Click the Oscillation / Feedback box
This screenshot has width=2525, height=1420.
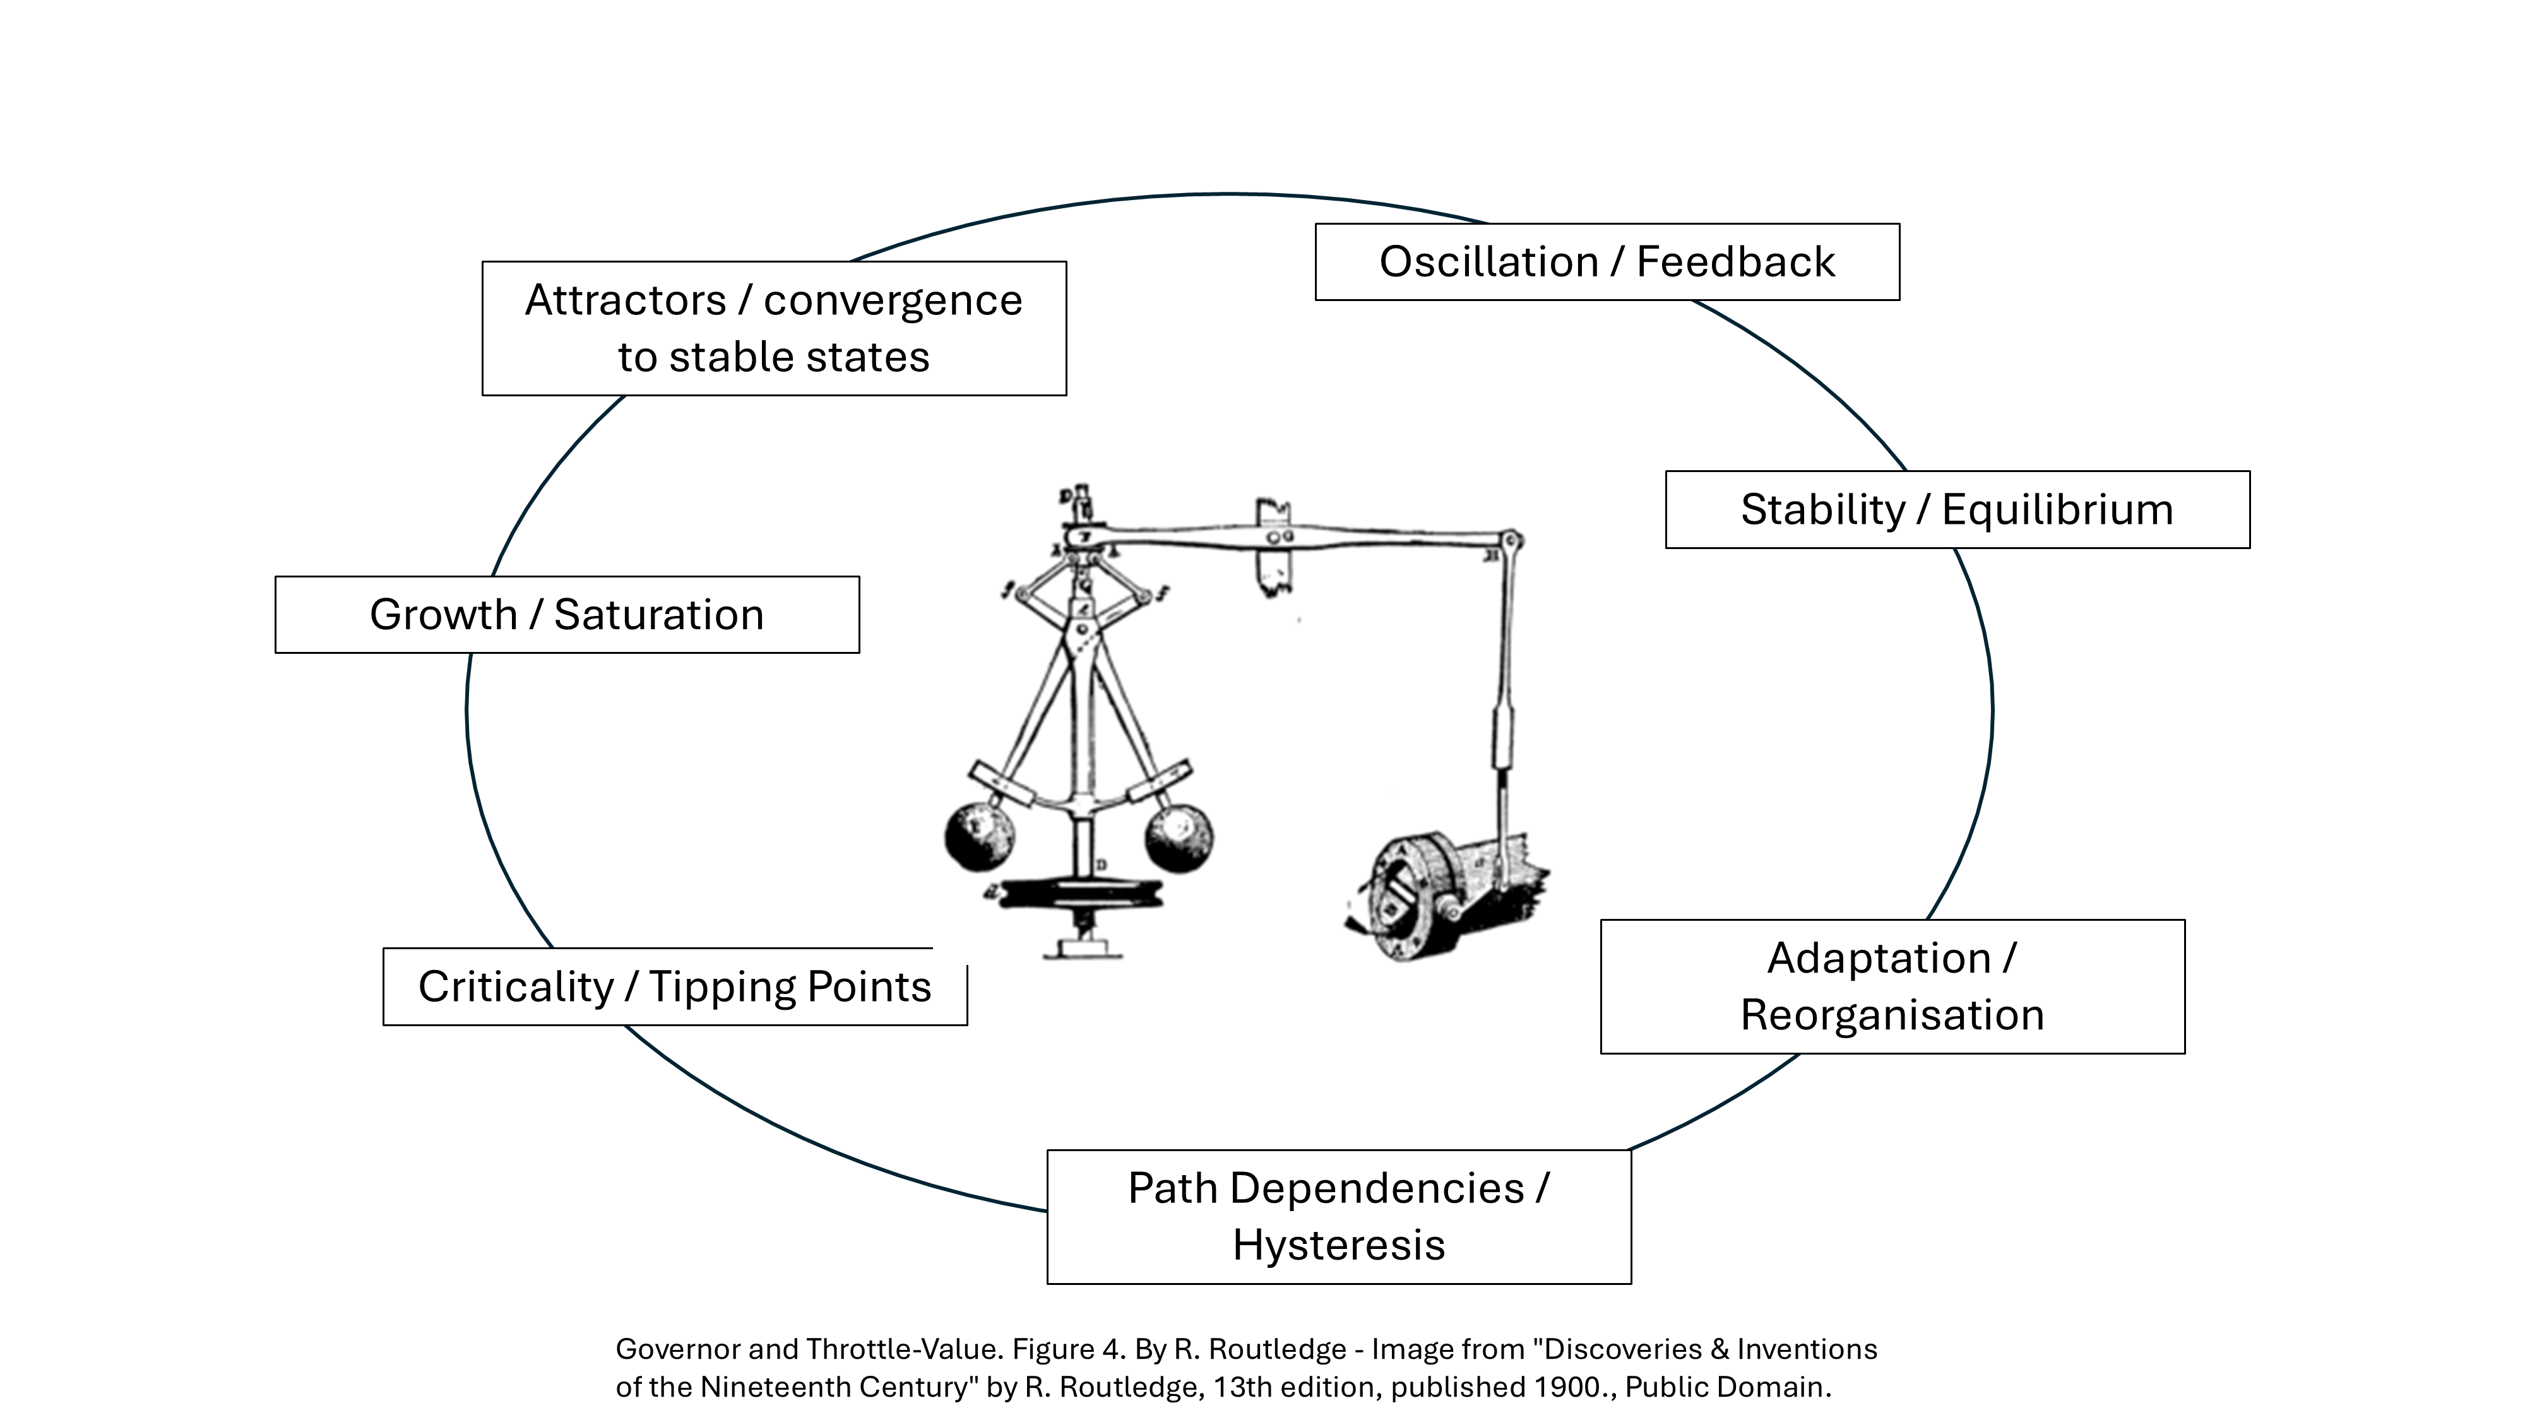pos(1607,262)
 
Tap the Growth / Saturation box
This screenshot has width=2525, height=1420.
pos(567,615)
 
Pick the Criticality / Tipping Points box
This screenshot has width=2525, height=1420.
pos(674,987)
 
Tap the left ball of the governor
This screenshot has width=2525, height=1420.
pos(978,836)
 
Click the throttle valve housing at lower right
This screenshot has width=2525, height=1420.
pos(1411,897)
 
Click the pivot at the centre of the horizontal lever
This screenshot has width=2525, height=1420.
pos(1278,537)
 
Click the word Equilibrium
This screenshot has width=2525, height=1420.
pos(2057,509)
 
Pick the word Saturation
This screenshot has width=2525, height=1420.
pos(658,615)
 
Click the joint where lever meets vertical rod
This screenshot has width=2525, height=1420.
pos(1512,540)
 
